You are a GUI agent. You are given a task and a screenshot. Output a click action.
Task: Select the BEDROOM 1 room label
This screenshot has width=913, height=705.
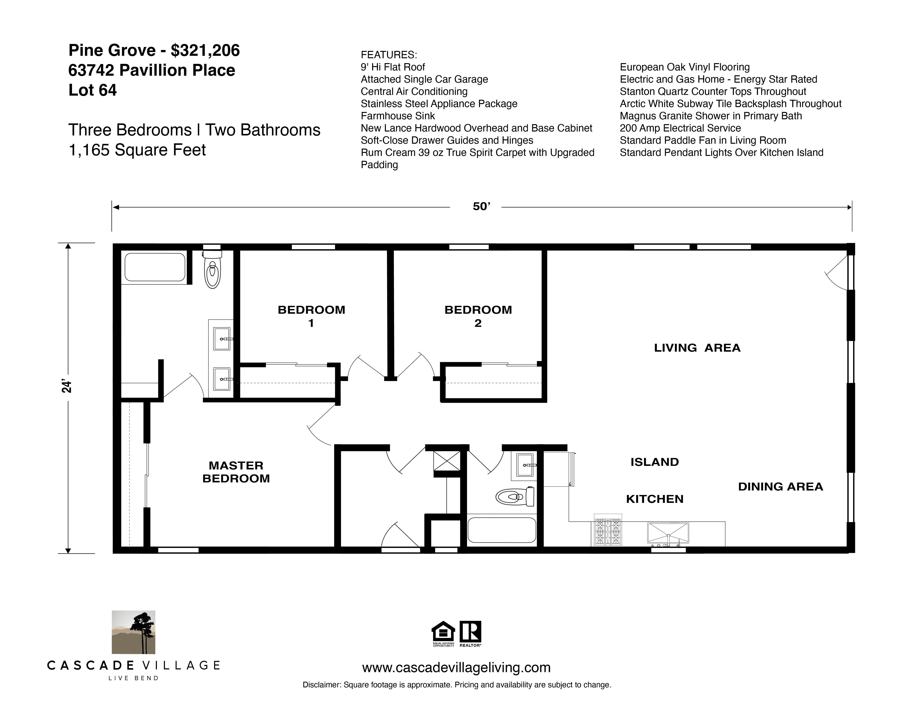coord(311,316)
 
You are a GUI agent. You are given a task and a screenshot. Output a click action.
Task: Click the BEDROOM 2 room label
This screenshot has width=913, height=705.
coord(478,316)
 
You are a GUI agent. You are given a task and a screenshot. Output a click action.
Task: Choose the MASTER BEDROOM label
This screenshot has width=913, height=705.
coord(236,472)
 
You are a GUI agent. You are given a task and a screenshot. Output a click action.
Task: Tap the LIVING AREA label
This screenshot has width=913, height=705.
coord(697,348)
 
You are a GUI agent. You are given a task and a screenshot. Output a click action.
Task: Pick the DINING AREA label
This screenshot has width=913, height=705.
coord(780,487)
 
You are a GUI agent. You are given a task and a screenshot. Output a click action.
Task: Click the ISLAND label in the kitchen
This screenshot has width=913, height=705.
coord(654,462)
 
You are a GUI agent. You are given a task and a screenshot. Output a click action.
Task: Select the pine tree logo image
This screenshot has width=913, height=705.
coord(133,632)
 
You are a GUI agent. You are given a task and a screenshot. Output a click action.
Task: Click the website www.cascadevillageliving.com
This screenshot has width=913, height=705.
coord(456,667)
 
